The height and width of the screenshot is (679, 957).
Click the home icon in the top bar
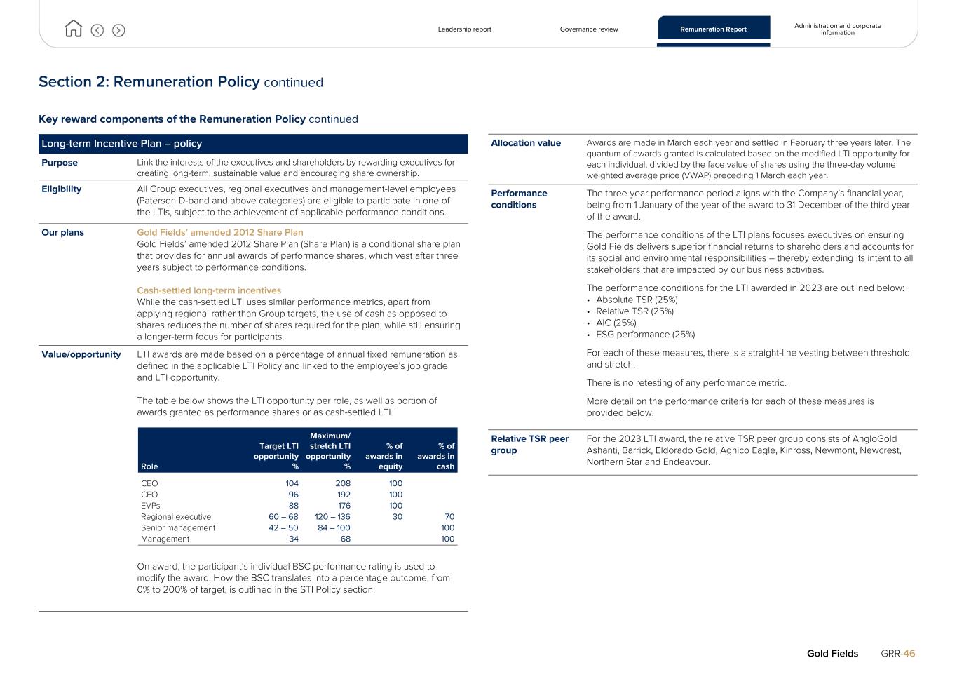(x=73, y=29)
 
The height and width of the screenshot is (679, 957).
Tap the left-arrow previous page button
(x=97, y=30)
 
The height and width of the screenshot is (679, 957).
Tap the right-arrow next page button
(x=118, y=30)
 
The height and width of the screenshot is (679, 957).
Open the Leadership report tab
(x=464, y=29)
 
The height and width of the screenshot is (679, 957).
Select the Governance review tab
(x=589, y=29)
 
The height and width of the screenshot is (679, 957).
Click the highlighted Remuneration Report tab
(x=713, y=29)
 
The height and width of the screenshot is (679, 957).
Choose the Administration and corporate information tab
(x=837, y=29)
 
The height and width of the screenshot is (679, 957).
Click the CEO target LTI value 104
(x=292, y=483)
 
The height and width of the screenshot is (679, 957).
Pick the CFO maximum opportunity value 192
(x=343, y=495)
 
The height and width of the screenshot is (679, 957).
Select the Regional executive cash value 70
(x=449, y=517)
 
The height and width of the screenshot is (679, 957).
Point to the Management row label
(x=165, y=539)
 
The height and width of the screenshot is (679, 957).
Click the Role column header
(x=149, y=466)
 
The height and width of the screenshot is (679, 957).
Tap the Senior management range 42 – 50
(x=283, y=528)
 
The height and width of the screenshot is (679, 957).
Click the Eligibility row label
(x=61, y=189)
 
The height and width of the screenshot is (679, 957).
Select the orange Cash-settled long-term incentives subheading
(x=209, y=290)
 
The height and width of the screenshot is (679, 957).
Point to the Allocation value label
(x=526, y=143)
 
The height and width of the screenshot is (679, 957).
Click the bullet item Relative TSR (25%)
(x=634, y=311)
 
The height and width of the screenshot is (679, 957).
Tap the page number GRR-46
(x=897, y=654)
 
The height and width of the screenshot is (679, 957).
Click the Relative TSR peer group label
(x=529, y=445)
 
